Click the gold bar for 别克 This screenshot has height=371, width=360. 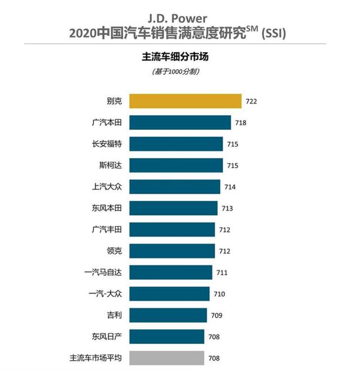(x=186, y=101)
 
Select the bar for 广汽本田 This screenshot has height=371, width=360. (x=180, y=123)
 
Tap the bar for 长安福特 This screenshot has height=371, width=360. (x=176, y=144)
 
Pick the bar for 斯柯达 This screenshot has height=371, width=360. (x=176, y=165)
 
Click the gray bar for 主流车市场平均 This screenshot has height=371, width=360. (x=166, y=358)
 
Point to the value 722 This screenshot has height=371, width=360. (x=251, y=102)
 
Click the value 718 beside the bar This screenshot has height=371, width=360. (x=241, y=123)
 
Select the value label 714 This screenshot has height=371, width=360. (x=230, y=187)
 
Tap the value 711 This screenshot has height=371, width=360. (x=222, y=273)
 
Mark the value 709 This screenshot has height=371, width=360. (x=217, y=315)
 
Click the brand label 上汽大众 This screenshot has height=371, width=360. (x=106, y=187)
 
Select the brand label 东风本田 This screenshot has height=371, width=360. (x=106, y=208)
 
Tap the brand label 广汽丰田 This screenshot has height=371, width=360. (x=106, y=229)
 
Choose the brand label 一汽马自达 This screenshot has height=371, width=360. (x=102, y=272)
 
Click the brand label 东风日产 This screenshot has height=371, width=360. (x=106, y=336)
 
